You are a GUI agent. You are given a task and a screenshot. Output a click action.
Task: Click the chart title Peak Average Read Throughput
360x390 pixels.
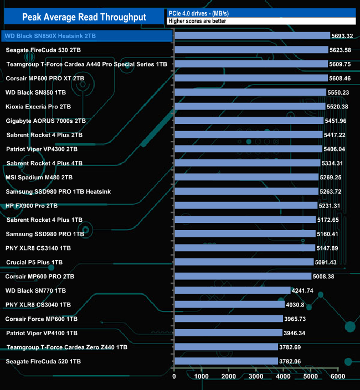[84, 17]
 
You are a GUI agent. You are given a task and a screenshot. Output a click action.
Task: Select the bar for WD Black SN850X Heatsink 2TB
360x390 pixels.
[252, 35]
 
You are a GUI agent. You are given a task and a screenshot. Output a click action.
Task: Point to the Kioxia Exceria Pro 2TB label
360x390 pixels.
[38, 106]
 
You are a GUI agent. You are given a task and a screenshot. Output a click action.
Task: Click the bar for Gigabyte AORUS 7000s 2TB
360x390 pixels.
[249, 120]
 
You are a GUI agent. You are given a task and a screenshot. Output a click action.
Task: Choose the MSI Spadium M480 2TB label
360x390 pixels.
[39, 178]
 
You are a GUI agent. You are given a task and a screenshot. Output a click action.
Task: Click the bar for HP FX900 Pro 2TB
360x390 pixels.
[246, 206]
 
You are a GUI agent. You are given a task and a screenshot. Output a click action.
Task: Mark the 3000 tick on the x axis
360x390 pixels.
[256, 377]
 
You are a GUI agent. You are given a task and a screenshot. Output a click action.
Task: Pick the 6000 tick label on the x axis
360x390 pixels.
[337, 377]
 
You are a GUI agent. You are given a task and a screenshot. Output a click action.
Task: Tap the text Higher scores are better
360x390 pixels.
[197, 21]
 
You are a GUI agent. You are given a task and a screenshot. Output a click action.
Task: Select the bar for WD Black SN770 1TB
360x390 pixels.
[233, 290]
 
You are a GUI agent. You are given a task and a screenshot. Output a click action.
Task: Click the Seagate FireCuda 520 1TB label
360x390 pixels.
[43, 361]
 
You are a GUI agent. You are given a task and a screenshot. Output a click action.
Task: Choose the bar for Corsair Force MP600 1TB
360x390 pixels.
[228, 319]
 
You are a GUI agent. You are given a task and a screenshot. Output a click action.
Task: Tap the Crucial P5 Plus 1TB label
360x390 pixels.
[34, 262]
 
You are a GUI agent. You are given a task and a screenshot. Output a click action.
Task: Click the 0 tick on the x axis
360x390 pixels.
[174, 377]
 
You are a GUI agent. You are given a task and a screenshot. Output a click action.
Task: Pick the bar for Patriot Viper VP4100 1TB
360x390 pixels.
[228, 333]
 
